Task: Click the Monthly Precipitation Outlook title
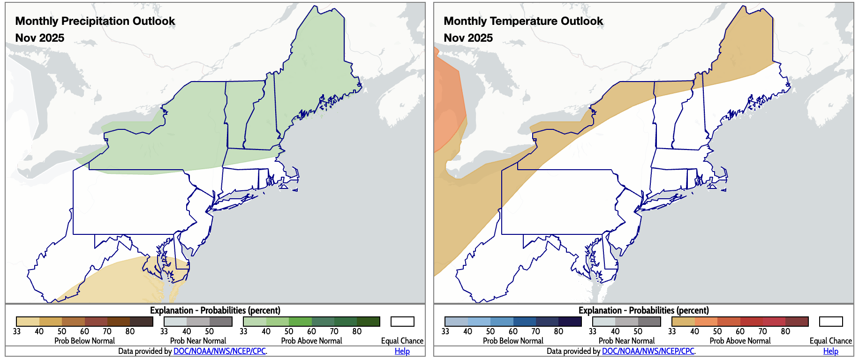pos(95,21)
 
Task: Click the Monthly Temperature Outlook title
pos(523,21)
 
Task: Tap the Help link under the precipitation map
pos(402,351)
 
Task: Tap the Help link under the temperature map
pos(830,351)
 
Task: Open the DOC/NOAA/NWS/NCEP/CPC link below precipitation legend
pos(219,351)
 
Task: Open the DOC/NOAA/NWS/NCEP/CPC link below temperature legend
pos(648,351)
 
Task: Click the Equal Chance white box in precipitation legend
pos(402,322)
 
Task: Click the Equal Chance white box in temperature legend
pos(831,322)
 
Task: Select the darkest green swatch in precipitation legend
pos(368,322)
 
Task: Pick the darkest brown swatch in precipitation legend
pos(142,322)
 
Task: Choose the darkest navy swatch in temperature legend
pos(570,322)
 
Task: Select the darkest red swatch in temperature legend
pos(797,322)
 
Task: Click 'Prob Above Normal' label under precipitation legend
pos(311,341)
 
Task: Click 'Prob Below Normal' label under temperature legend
pos(513,341)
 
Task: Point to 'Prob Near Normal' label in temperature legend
pos(626,341)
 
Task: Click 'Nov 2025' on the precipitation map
pos(40,38)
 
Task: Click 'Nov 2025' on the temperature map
pos(468,38)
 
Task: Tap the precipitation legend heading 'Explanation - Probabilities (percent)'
pos(215,310)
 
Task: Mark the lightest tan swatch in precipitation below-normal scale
pos(28,322)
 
